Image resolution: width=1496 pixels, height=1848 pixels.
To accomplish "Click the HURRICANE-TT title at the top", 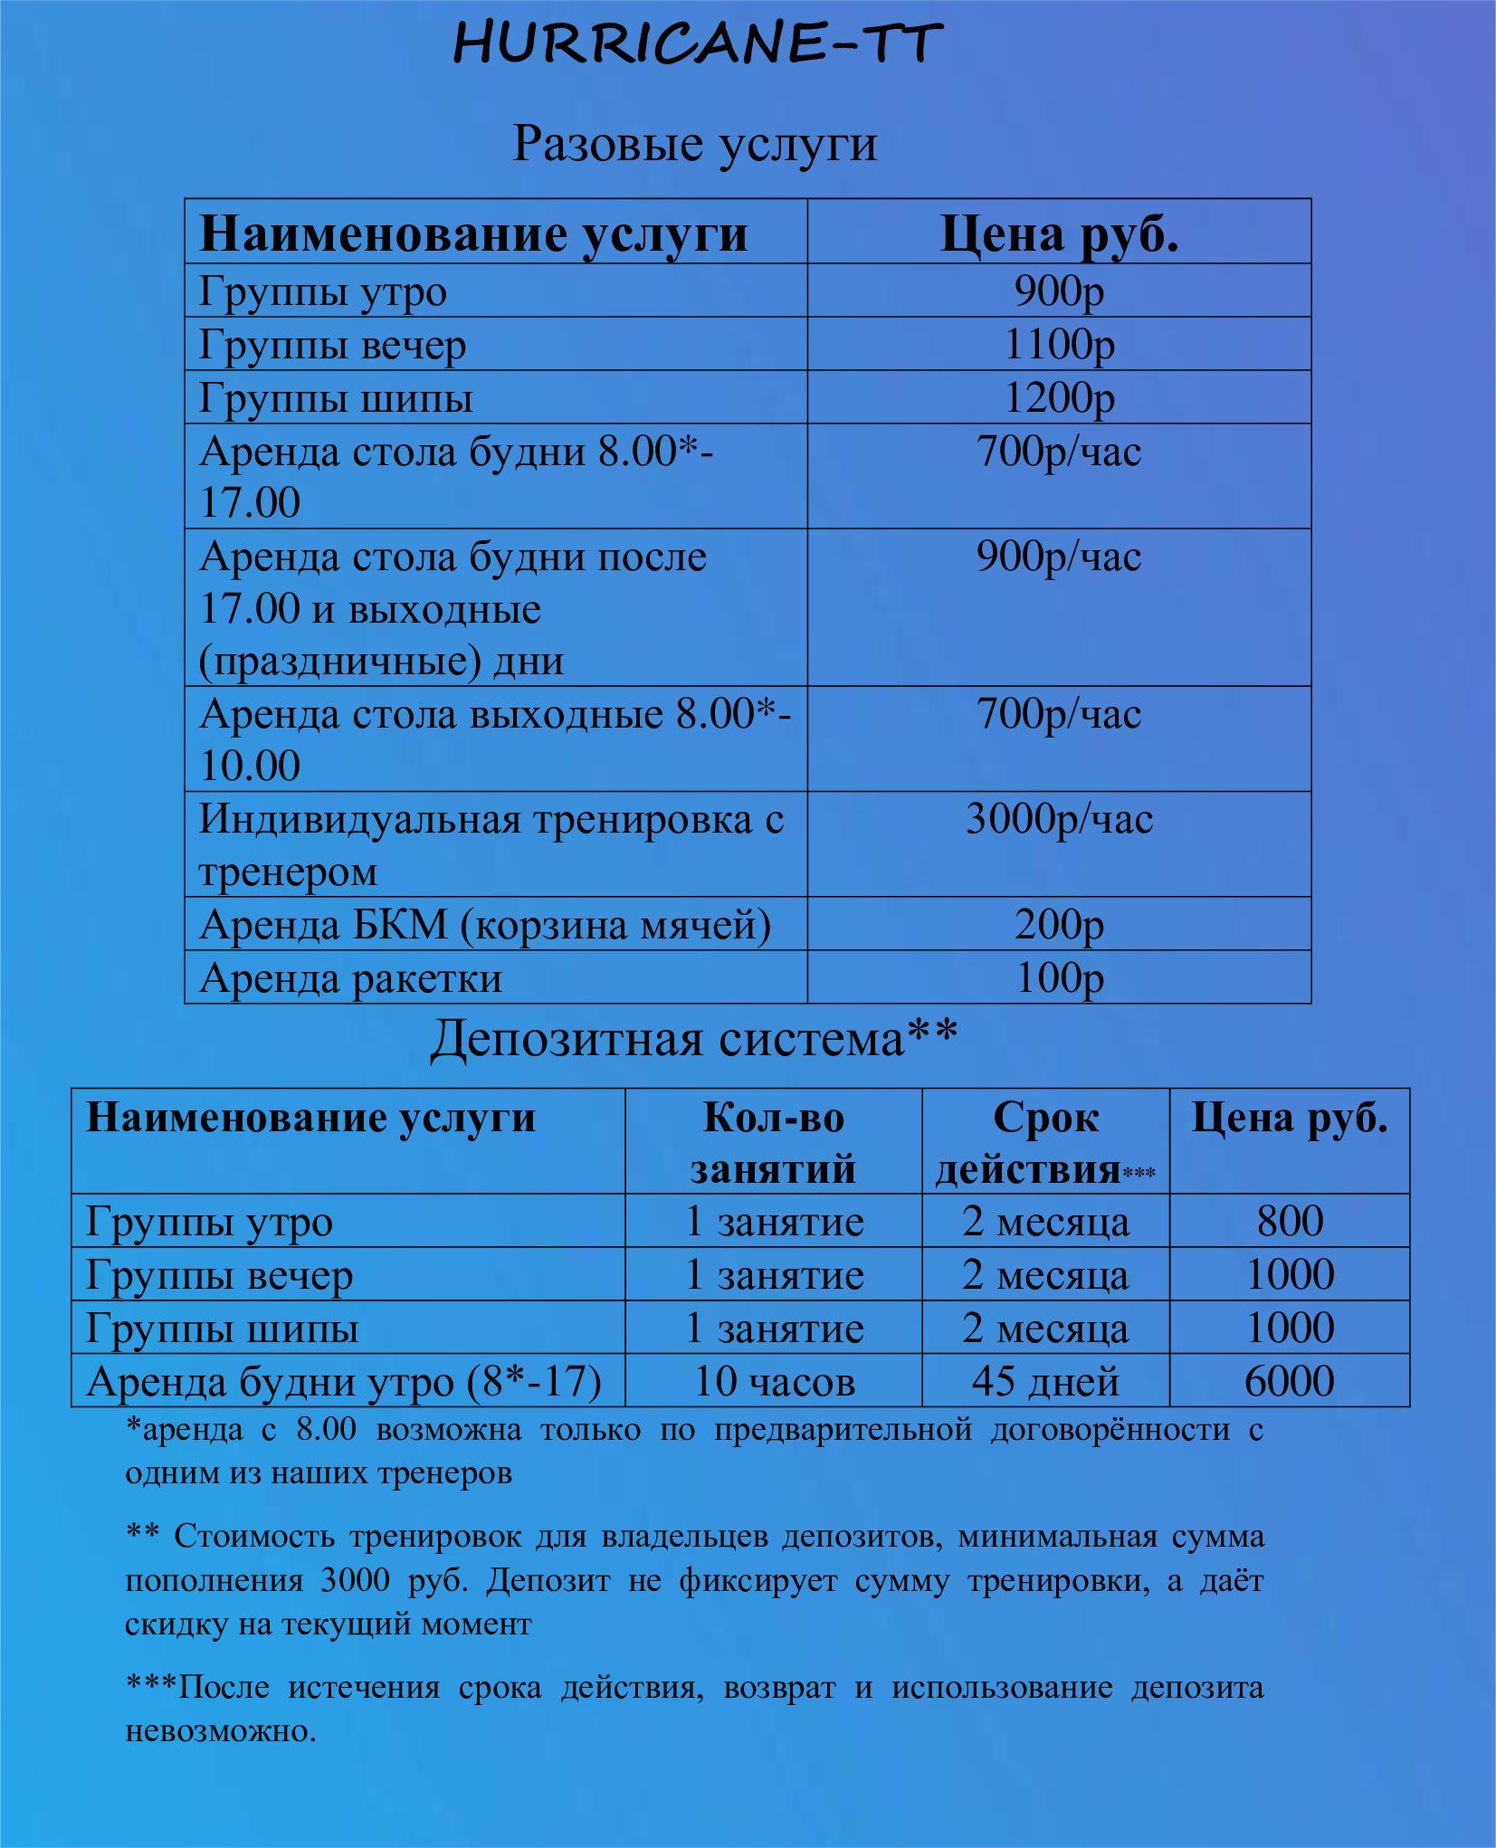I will [x=697, y=43].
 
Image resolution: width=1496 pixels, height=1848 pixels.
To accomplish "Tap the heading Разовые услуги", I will [x=694, y=144].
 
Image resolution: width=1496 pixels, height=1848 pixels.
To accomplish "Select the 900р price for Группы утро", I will [x=1059, y=291].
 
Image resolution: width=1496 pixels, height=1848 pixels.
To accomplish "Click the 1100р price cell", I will [x=1059, y=345].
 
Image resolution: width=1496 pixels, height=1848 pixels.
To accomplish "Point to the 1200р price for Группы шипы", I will [x=1059, y=398].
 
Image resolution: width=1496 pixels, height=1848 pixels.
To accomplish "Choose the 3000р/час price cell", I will [x=1059, y=820].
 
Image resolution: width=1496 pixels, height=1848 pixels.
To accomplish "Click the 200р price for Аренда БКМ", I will [x=1059, y=925].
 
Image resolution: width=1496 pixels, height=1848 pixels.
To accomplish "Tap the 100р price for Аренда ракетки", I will [x=1059, y=978].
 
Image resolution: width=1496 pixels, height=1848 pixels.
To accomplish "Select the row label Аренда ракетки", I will [x=350, y=978].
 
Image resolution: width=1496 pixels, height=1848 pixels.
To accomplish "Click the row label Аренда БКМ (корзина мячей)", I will [x=485, y=925].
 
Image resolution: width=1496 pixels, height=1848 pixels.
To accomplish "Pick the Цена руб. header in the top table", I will [x=1059, y=233].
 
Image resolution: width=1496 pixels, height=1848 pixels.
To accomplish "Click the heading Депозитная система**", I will [x=693, y=1039].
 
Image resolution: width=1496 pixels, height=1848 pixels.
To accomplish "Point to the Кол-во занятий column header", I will [x=774, y=1142].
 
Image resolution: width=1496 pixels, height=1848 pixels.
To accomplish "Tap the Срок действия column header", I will [x=1044, y=1142].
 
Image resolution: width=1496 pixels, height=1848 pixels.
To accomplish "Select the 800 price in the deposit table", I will [x=1290, y=1222].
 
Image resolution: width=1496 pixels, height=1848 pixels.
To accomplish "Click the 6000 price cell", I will [x=1290, y=1382].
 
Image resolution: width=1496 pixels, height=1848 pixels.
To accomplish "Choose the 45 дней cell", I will [x=1045, y=1382].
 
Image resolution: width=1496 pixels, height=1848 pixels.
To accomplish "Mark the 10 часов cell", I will [x=774, y=1382].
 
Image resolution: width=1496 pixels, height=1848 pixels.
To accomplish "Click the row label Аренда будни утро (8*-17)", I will [x=344, y=1382].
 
